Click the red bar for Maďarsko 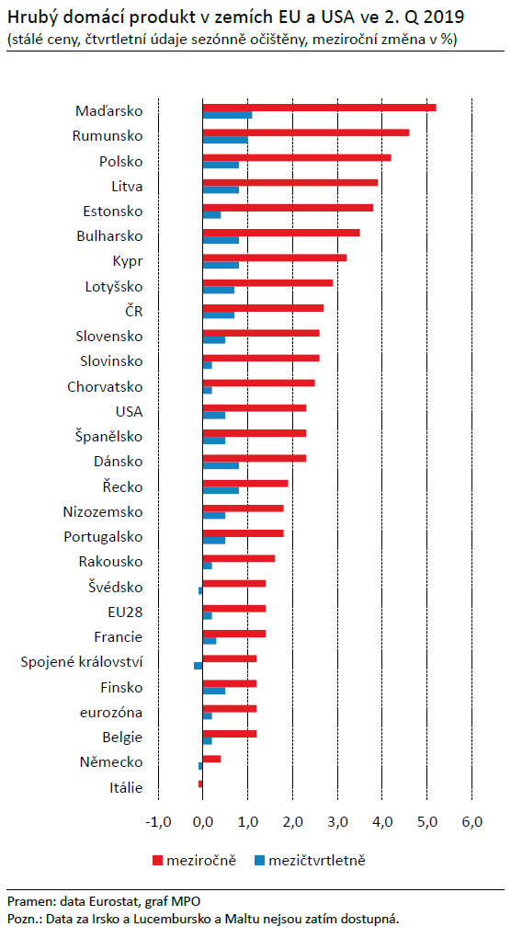[x=320, y=108]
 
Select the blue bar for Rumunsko [x=225, y=140]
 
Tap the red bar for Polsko [x=297, y=158]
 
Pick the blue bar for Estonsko [x=212, y=215]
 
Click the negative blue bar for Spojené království [x=199, y=666]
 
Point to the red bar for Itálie [x=200, y=784]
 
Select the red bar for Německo [x=212, y=759]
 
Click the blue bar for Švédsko [x=200, y=591]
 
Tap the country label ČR [x=134, y=312]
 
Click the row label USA [x=129, y=412]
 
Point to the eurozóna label [x=111, y=713]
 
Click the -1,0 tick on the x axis [x=158, y=822]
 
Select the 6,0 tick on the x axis [x=472, y=822]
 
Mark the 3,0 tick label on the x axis [x=337, y=822]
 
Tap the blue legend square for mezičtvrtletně [x=259, y=861]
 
